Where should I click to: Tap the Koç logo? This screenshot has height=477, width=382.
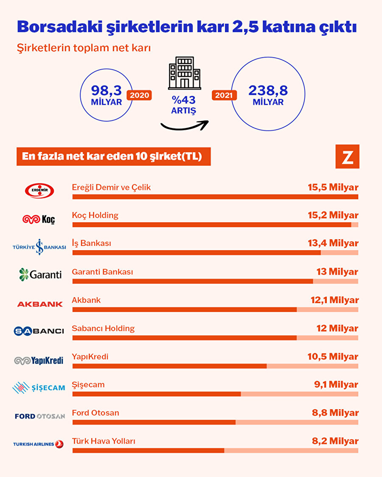point(39,219)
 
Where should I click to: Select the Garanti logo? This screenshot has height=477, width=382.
point(40,274)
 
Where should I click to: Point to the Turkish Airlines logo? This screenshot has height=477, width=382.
point(38,444)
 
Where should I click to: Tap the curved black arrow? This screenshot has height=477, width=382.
point(184,125)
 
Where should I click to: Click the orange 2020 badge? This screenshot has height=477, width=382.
point(139,95)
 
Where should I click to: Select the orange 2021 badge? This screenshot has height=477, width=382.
point(224,95)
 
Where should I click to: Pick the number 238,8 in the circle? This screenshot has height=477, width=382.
point(268,90)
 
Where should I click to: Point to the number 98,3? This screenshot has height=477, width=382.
point(106,90)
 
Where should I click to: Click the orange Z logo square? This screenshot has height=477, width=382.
point(347,156)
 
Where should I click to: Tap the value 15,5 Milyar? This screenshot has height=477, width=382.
point(333,187)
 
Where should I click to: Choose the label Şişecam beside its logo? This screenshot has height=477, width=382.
point(88,385)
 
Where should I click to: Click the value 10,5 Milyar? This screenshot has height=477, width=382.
point(333,357)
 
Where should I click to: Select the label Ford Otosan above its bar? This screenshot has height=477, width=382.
point(95,413)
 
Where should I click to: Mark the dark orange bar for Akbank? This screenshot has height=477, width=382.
point(185,310)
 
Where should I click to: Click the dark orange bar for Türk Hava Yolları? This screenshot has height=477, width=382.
point(148,450)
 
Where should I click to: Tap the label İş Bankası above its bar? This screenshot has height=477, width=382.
point(92,243)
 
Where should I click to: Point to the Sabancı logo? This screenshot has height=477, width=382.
point(39,331)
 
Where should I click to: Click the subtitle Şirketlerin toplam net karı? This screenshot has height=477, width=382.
point(84,48)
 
